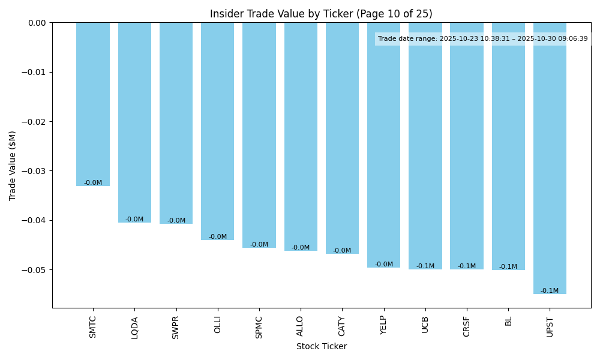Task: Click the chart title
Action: (321, 14)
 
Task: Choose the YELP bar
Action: (383, 145)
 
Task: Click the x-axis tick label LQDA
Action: (134, 328)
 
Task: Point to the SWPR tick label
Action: (176, 328)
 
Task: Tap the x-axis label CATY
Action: (342, 327)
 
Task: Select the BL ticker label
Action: (508, 321)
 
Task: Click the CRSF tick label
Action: (467, 327)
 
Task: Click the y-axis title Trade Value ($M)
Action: (13, 166)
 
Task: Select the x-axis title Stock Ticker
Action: (321, 346)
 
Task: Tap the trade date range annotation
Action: (482, 39)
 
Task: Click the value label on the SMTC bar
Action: (93, 183)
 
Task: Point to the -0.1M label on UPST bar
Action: (550, 291)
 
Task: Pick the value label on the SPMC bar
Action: (259, 245)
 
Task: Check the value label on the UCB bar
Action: (425, 266)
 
